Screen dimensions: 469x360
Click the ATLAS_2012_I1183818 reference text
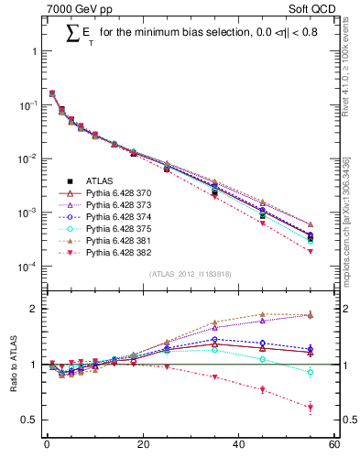pos(190,274)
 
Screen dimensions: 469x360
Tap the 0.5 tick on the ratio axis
pos(30,420)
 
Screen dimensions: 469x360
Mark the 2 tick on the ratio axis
pos(35,309)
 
